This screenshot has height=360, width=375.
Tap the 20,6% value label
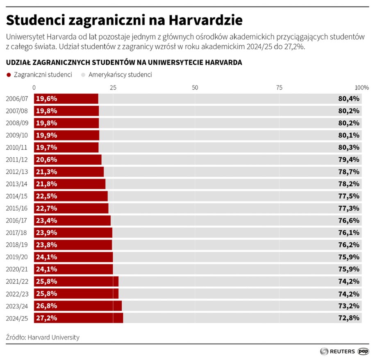tap(46, 160)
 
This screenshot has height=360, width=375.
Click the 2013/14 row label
tap(17, 184)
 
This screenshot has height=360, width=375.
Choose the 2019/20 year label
tap(17, 257)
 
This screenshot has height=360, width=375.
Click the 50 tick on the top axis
tap(195, 88)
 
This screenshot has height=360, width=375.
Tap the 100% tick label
tap(362, 88)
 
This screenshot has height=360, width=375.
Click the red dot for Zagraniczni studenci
tap(9, 75)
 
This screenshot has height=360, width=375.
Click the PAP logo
tap(363, 351)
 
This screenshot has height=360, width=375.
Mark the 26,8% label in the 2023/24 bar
tap(46, 306)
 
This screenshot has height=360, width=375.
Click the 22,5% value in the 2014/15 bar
tap(46, 196)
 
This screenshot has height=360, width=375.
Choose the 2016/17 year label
tap(17, 220)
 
